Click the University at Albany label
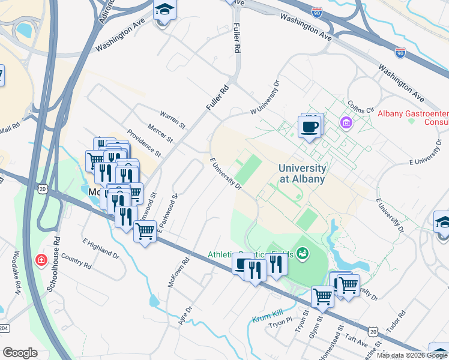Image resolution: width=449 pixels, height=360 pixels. point(303,174)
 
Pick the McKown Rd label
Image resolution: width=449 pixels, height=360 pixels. point(179,271)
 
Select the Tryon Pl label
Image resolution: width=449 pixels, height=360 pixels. point(280,324)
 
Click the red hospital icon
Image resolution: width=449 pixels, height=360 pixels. point(41,260)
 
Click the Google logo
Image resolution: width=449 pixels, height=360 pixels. point(20,353)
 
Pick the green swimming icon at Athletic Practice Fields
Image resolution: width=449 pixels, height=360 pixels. point(303,254)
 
